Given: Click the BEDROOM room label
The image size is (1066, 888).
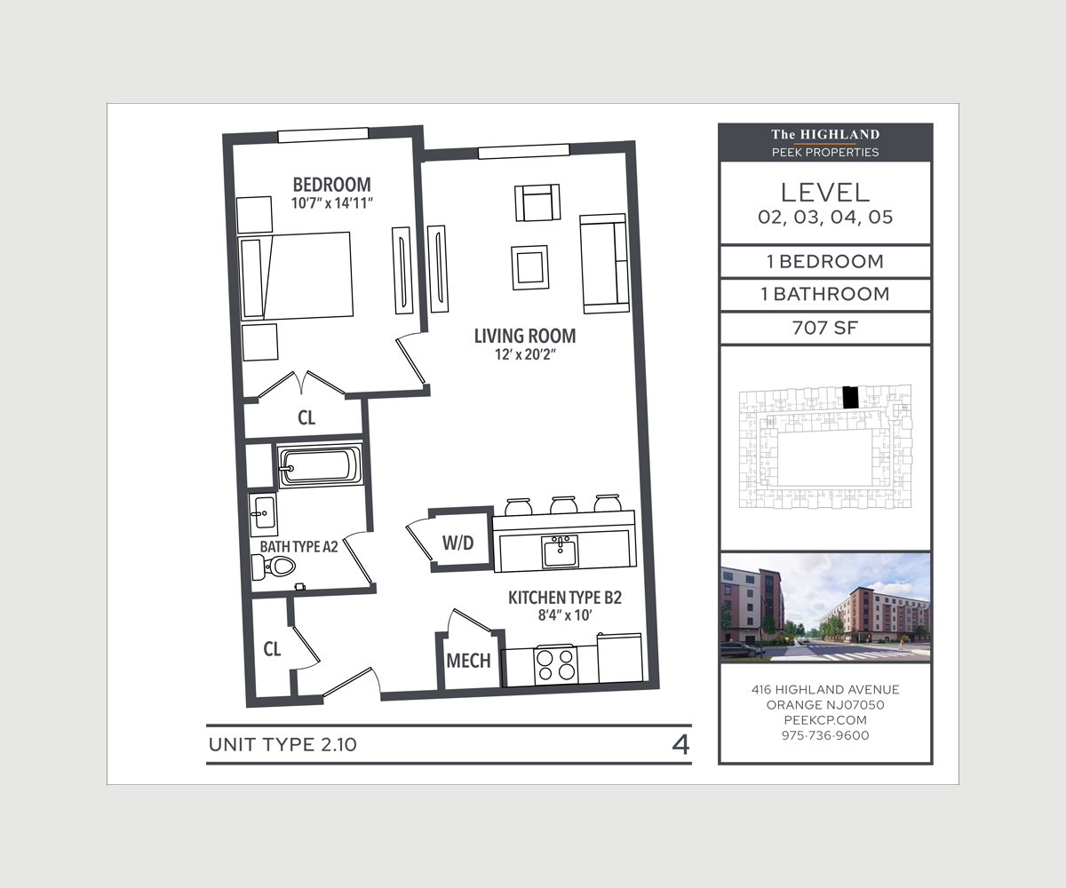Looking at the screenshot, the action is click(x=332, y=184).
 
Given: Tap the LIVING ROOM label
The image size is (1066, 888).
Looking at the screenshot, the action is click(x=525, y=336).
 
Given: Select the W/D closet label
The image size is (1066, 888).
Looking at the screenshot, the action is click(x=458, y=543).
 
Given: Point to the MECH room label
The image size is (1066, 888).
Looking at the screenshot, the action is click(x=468, y=661).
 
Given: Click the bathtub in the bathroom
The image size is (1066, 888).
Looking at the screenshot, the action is click(x=320, y=465).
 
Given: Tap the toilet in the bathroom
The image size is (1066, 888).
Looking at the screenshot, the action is click(x=274, y=567).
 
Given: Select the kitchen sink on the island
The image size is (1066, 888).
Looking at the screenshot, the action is click(x=560, y=551).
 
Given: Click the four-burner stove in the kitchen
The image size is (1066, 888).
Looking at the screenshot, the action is click(x=556, y=665).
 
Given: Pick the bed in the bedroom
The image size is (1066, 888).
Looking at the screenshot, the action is click(x=296, y=276).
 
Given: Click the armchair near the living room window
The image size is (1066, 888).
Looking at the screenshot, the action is click(x=537, y=202).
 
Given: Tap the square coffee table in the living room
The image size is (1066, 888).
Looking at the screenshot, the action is click(x=530, y=267).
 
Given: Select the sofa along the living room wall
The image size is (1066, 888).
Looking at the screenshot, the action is click(x=604, y=264).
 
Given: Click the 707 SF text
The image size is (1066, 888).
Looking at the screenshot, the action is click(x=825, y=328).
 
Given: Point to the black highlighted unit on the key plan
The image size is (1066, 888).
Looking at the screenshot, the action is click(x=850, y=398).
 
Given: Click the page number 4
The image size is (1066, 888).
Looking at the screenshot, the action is click(x=680, y=745).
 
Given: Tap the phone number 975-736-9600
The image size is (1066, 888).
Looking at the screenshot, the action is click(x=825, y=735).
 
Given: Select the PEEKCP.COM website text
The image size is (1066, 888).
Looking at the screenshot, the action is click(x=825, y=720).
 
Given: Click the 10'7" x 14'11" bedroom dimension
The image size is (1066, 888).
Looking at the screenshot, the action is click(x=332, y=203).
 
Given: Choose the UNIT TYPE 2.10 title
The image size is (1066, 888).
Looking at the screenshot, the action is click(x=282, y=745).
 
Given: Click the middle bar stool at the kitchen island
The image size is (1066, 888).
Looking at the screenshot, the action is click(x=563, y=504).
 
